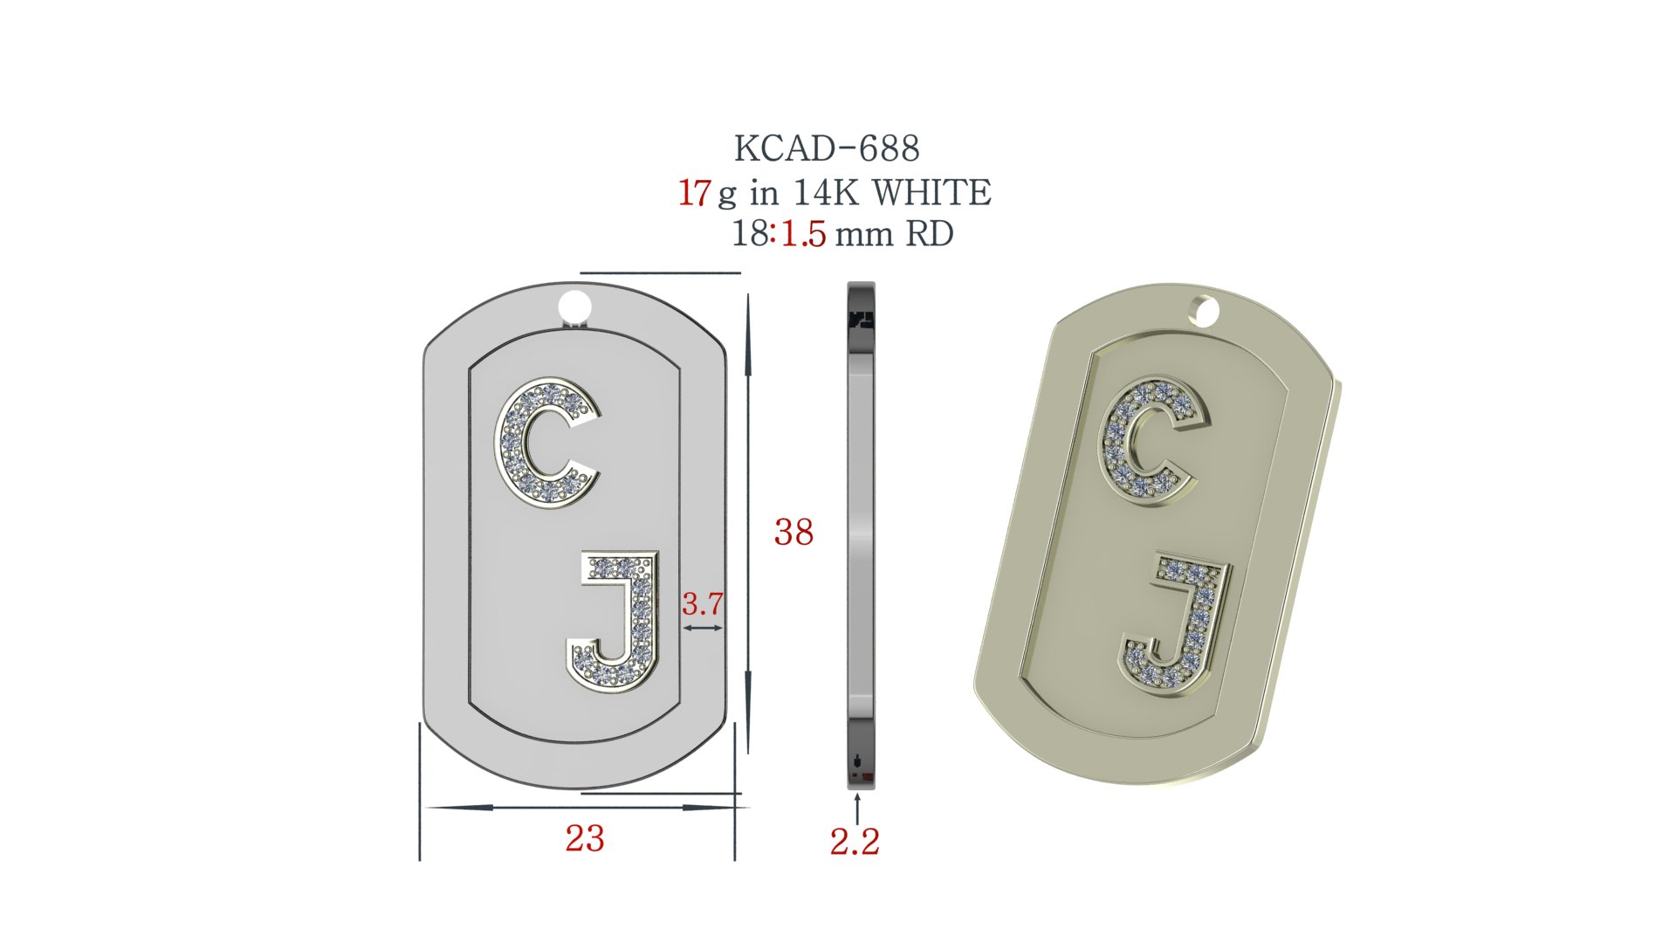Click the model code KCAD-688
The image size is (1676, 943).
[827, 148]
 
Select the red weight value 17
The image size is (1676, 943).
[695, 193]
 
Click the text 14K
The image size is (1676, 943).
[825, 193]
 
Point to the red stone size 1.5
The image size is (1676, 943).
[803, 234]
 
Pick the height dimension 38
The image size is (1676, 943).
[793, 532]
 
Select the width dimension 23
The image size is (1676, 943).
[584, 838]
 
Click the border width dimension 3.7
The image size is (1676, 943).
[703, 603]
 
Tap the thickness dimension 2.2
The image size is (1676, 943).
[855, 842]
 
